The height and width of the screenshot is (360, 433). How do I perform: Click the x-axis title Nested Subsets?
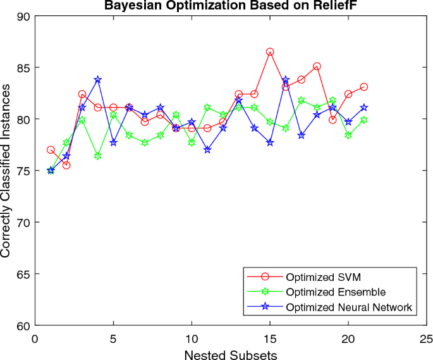(x=230, y=355)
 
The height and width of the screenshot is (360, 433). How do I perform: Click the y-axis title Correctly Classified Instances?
(x=6, y=171)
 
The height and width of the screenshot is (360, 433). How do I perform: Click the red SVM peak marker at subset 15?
(x=270, y=52)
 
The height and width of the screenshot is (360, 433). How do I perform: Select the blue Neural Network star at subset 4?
(x=98, y=80)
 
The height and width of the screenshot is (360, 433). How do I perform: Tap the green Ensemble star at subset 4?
(x=98, y=156)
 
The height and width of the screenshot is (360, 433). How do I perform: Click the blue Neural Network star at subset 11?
(x=207, y=150)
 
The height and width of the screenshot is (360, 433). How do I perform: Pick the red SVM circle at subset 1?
(x=51, y=150)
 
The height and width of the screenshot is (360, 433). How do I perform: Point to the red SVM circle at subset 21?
(x=364, y=87)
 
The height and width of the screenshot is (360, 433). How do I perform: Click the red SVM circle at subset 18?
(x=317, y=66)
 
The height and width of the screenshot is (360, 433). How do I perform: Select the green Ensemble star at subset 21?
(x=364, y=120)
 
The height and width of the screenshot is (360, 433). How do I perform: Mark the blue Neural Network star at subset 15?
(x=270, y=142)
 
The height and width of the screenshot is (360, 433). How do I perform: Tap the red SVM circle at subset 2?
(x=66, y=165)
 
